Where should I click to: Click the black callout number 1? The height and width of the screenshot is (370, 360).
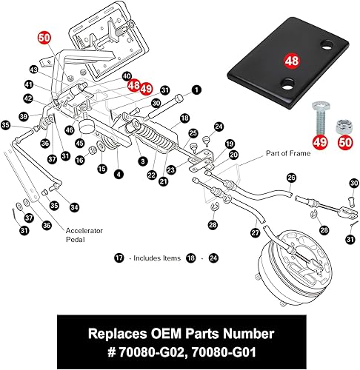[x=197, y=90]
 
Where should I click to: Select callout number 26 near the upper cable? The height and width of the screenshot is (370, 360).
[x=291, y=177]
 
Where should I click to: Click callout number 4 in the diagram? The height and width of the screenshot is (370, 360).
[x=119, y=174]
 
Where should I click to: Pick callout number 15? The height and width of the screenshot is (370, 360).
[x=101, y=169]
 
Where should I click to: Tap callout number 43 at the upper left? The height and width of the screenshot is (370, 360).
[x=33, y=70]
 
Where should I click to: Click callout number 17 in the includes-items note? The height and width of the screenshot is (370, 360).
[x=119, y=258]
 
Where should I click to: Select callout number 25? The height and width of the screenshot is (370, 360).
[x=193, y=133]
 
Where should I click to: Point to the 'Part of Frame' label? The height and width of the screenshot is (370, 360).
[x=286, y=153]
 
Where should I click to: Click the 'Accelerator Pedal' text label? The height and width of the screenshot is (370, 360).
[x=84, y=234]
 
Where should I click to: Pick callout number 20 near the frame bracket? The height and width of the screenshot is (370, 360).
[x=233, y=155]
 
